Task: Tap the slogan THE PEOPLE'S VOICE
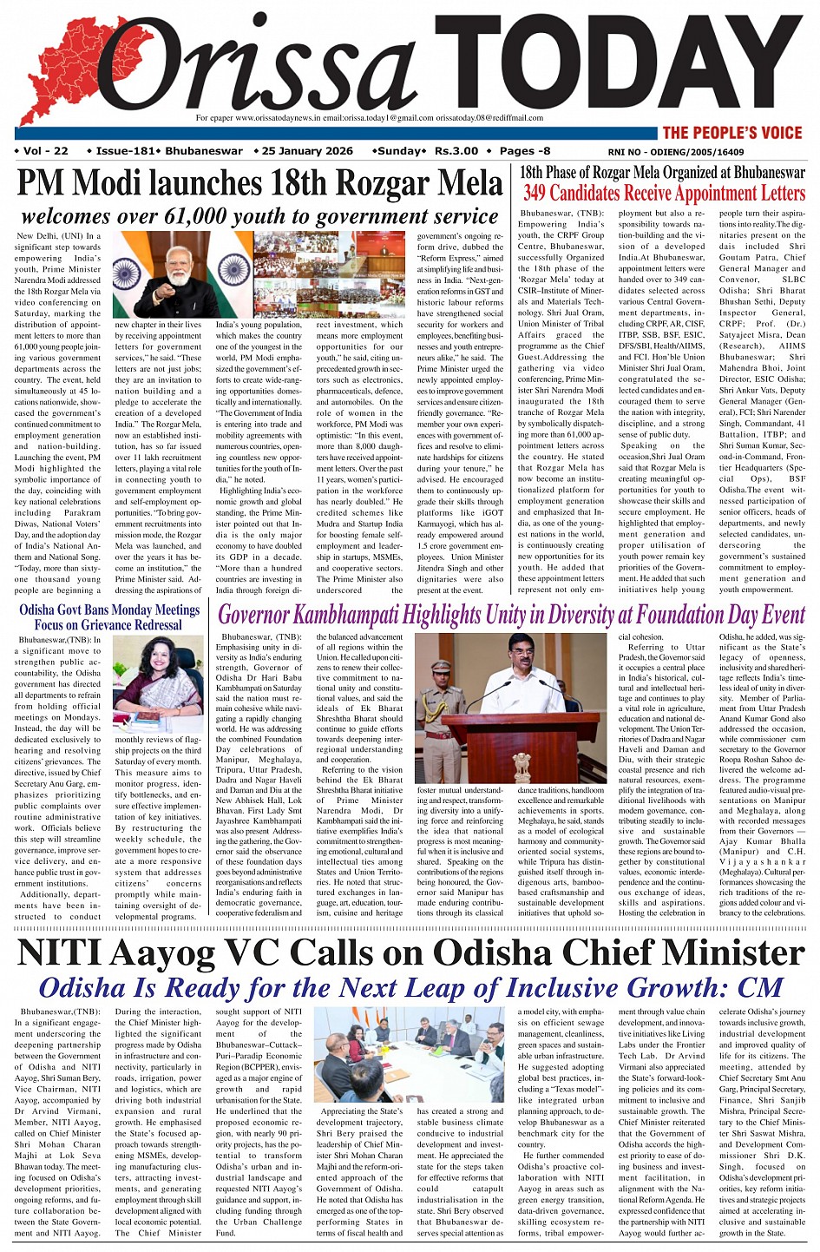(x=732, y=133)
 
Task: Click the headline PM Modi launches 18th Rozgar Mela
(x=259, y=184)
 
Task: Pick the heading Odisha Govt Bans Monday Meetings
(x=109, y=610)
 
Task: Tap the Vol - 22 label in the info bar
(x=42, y=151)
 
